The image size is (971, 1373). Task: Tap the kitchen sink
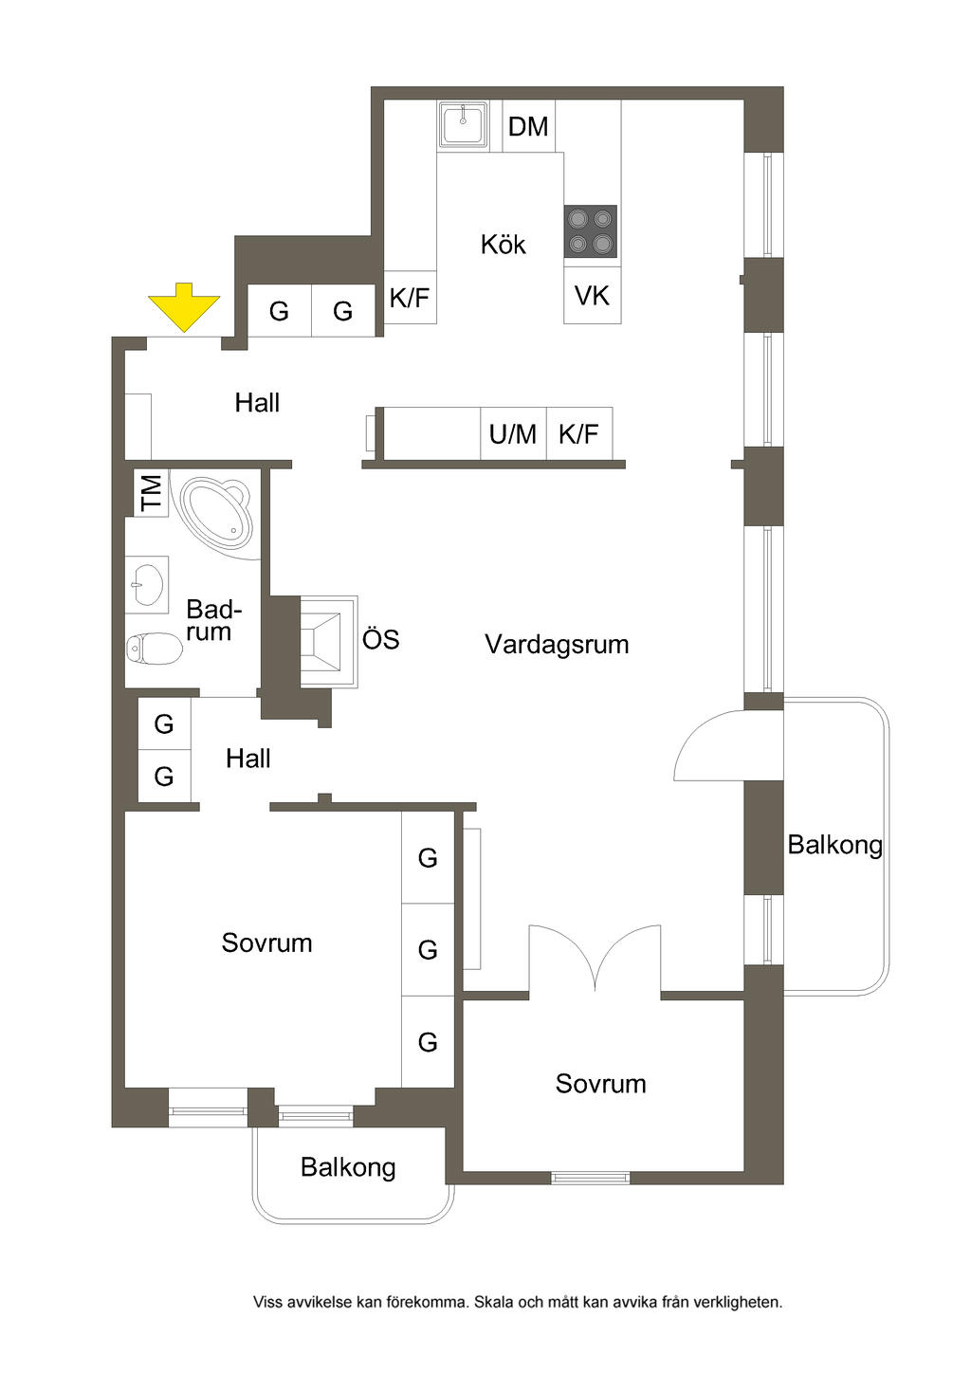point(464,124)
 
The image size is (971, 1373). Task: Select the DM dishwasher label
point(528,127)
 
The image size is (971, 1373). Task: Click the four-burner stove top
point(591,231)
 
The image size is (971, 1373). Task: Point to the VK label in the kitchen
point(592,296)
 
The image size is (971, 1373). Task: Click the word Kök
point(504,245)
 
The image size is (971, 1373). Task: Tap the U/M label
point(512,434)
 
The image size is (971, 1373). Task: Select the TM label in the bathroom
point(151,493)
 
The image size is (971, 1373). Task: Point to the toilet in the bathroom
point(155,649)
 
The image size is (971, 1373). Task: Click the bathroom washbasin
point(147,585)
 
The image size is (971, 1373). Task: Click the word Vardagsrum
point(557,644)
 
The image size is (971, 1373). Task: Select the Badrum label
point(213,620)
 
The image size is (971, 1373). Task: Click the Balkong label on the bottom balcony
point(348,1167)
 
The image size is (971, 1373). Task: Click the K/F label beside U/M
point(578,434)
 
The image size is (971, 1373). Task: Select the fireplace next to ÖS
point(328,641)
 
